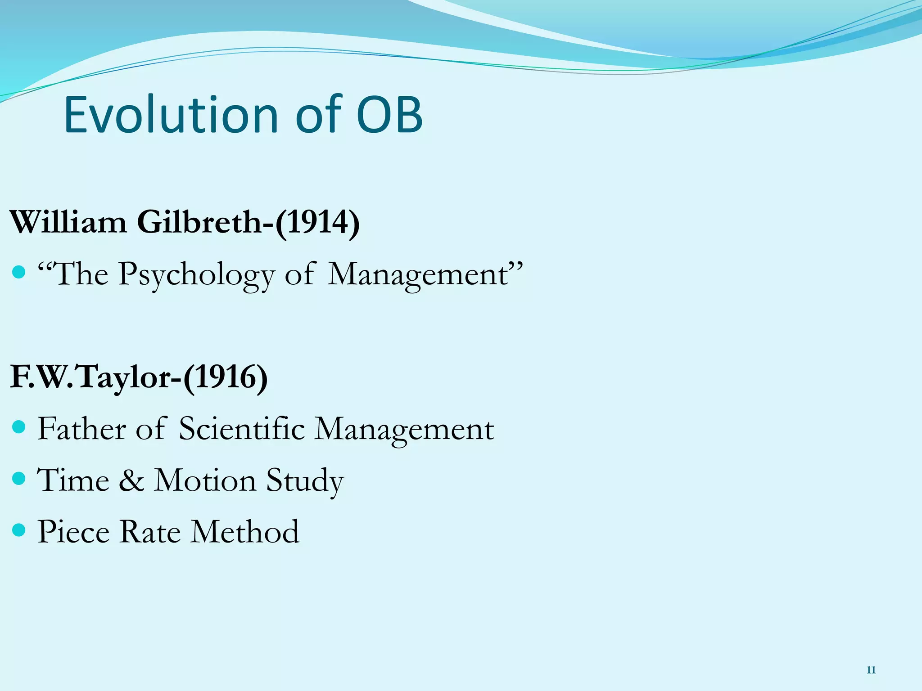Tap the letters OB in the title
pos(389,115)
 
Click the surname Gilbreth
pos(199,222)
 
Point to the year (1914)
pos(317,222)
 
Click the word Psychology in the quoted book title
pos(197,274)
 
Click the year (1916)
pos(225,377)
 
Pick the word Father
pos(81,428)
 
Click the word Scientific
pos(242,428)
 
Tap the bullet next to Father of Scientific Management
pos(18,426)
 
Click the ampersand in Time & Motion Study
pos(131,480)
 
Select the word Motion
pos(205,480)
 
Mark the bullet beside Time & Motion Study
pos(18,478)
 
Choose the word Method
pos(245,532)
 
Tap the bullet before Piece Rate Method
pos(18,529)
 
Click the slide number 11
pos(871,671)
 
